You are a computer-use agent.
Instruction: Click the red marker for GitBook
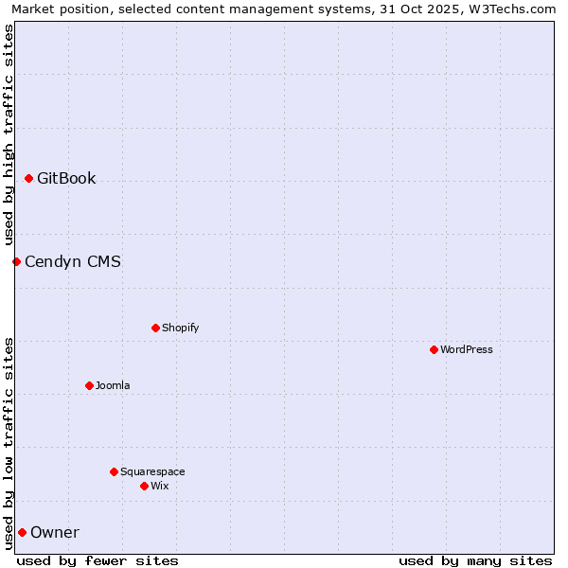coord(29,178)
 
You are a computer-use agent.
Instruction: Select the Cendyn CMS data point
coord(16,261)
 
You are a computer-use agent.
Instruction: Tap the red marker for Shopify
coord(155,328)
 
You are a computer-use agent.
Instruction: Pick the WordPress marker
coord(434,349)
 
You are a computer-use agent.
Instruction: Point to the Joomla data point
coord(89,385)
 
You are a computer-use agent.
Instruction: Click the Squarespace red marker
coord(114,471)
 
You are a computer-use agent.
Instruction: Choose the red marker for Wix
coord(144,486)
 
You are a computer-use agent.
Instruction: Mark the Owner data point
coord(22,532)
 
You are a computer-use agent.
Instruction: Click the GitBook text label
coord(66,178)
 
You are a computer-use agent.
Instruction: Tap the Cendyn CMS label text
coord(73,261)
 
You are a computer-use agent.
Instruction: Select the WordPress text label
coord(467,349)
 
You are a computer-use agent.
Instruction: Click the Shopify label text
coord(181,328)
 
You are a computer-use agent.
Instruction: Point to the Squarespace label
coord(152,471)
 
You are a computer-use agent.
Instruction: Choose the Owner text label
coord(55,532)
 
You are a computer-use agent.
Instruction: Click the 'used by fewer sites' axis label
coord(98,560)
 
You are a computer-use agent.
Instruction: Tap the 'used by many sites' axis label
coord(475,560)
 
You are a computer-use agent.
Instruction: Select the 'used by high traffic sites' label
coord(9,134)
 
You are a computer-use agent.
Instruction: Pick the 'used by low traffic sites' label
coord(9,442)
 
